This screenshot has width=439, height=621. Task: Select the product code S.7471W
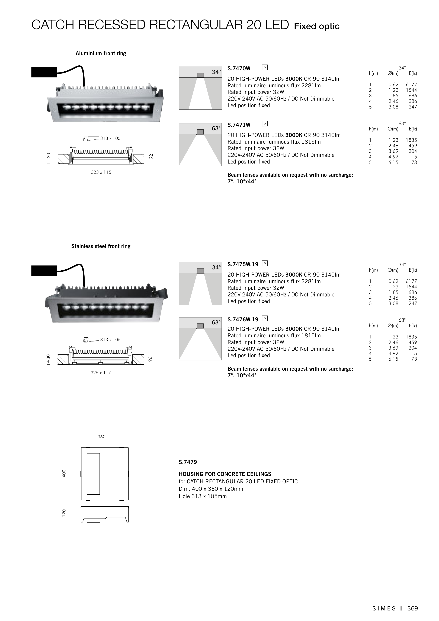coord(239,125)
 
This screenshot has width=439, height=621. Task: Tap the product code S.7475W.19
coord(243,264)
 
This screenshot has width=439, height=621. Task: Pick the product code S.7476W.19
coord(243,320)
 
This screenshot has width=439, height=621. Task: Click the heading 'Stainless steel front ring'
coord(101,246)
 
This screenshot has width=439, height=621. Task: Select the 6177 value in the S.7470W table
coord(411,85)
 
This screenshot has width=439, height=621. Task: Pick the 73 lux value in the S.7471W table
coord(414,163)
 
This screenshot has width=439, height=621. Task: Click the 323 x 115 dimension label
coord(101,172)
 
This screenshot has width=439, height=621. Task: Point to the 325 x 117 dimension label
coord(101,373)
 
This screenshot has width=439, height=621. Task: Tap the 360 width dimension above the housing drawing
coord(101,437)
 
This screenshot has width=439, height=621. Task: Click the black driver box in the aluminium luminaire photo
coord(44,72)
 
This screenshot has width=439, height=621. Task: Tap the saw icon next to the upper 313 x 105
coord(91,139)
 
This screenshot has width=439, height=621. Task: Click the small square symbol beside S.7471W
coord(265,124)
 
